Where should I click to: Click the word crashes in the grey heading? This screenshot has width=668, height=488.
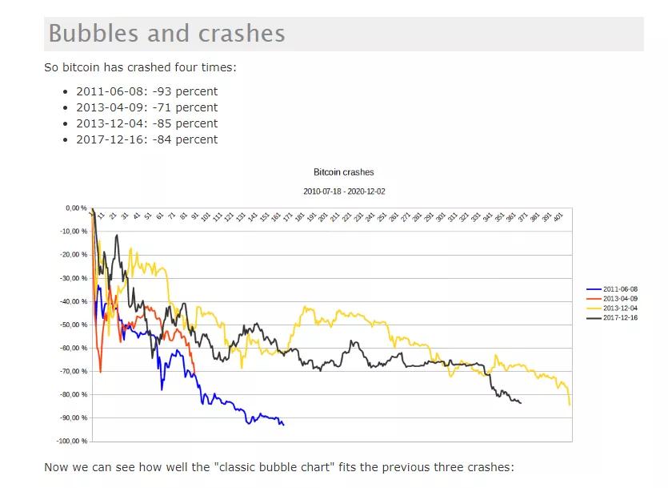click(243, 34)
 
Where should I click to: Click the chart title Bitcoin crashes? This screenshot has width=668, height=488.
click(343, 172)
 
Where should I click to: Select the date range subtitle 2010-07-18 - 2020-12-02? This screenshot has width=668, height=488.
click(343, 192)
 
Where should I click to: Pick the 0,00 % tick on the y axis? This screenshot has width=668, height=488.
click(76, 208)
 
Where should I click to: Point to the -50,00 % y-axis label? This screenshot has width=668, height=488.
click(74, 325)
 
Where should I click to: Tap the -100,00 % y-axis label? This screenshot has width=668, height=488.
click(72, 441)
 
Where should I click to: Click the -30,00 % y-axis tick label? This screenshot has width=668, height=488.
click(74, 278)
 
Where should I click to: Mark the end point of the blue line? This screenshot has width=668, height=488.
click(284, 425)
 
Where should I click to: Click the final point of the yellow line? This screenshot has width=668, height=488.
click(570, 405)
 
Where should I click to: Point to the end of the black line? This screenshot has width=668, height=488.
click(521, 403)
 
